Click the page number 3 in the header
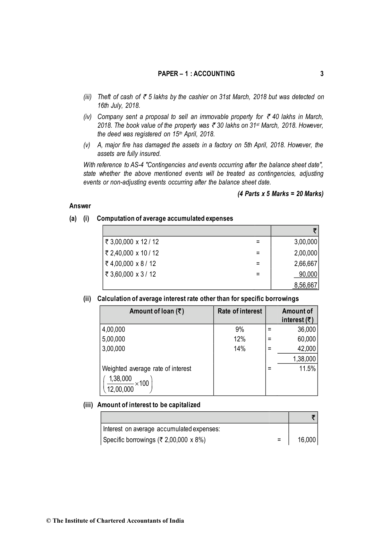[322, 74]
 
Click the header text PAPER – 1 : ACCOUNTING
[196, 74]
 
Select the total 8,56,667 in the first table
[305, 285]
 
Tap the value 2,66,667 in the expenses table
[305, 263]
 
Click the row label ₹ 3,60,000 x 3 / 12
[130, 274]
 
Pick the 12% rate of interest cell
[239, 339]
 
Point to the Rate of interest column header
[240, 311]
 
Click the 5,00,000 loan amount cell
[114, 339]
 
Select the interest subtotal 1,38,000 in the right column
[304, 359]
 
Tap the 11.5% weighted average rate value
[307, 368]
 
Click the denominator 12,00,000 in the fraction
[120, 390]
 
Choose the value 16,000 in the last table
[307, 440]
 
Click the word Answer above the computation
[80, 206]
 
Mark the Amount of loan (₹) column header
[157, 311]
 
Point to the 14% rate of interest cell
[239, 349]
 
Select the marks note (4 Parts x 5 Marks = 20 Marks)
[280, 194]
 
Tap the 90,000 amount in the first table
[308, 274]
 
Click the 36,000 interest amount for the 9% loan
[307, 330]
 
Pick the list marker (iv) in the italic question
[88, 117]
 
